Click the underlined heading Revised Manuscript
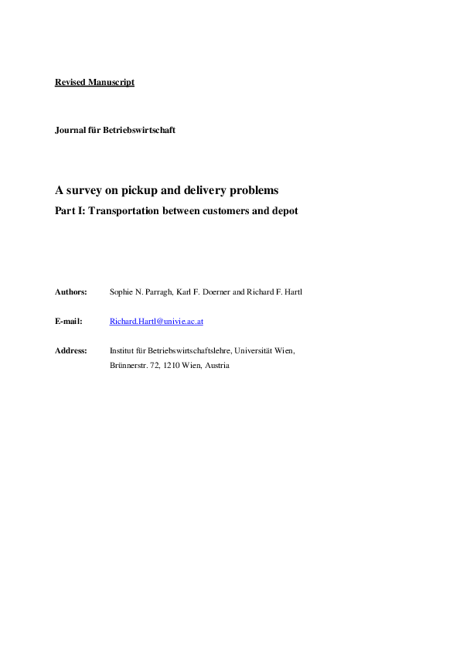pos(94,82)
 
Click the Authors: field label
pos(71,291)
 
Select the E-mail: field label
pos(69,321)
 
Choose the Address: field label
pos(71,350)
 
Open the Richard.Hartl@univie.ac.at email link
pos(157,321)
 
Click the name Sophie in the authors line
pos(122,291)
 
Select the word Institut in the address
pos(122,350)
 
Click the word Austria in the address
pos(216,365)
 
